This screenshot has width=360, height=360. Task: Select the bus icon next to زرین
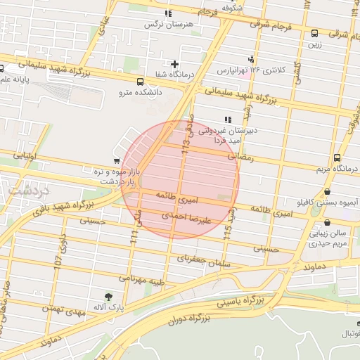(314, 32)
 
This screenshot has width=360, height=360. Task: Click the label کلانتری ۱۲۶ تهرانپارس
(280, 70)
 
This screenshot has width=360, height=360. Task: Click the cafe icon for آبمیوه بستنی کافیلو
(328, 192)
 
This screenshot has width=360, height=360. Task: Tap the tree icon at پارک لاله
(108, 297)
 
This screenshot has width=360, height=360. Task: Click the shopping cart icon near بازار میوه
(116, 160)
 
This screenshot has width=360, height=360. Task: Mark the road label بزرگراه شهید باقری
(63, 207)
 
